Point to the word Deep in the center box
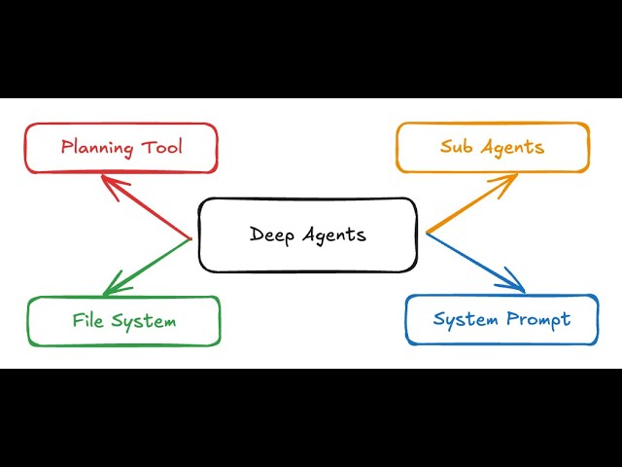(x=271, y=234)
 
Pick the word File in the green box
(x=89, y=320)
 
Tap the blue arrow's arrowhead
(x=518, y=286)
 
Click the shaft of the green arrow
(x=151, y=263)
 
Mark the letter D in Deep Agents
(x=257, y=233)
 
